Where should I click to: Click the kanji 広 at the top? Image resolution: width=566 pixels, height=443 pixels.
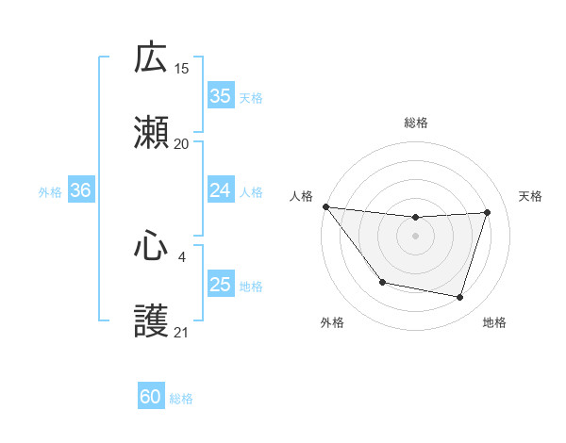pyautogui.click(x=152, y=58)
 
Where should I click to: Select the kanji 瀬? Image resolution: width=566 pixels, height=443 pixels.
pyautogui.click(x=152, y=134)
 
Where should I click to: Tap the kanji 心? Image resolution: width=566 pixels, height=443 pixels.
pyautogui.click(x=152, y=246)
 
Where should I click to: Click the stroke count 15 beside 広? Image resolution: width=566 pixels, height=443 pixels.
pyautogui.click(x=182, y=68)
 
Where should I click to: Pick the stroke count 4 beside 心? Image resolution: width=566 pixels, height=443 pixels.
pyautogui.click(x=182, y=255)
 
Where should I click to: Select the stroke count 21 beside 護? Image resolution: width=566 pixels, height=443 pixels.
pyautogui.click(x=182, y=332)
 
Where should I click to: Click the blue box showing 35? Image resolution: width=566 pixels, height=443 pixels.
pyautogui.click(x=220, y=96)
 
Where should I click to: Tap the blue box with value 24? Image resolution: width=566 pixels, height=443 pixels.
pyautogui.click(x=220, y=190)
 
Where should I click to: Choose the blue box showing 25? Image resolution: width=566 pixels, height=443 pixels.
pyautogui.click(x=220, y=285)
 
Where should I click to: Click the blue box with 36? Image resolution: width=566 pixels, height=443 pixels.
pyautogui.click(x=80, y=190)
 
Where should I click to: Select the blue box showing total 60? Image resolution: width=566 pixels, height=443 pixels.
pyautogui.click(x=151, y=398)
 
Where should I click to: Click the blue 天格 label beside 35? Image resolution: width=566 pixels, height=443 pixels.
pyautogui.click(x=251, y=98)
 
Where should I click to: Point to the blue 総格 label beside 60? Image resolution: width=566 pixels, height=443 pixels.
pyautogui.click(x=181, y=400)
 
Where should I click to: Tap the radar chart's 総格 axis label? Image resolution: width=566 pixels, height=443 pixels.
pyautogui.click(x=416, y=123)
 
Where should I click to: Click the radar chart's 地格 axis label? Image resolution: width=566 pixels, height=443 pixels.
pyautogui.click(x=494, y=322)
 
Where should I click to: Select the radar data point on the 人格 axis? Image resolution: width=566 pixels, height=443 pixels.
pyautogui.click(x=325, y=206)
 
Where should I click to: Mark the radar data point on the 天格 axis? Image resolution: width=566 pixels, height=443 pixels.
pyautogui.click(x=487, y=212)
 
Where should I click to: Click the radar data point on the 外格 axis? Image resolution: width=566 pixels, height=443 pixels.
pyautogui.click(x=382, y=282)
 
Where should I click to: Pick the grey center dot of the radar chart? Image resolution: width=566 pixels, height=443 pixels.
pyautogui.click(x=416, y=236)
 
